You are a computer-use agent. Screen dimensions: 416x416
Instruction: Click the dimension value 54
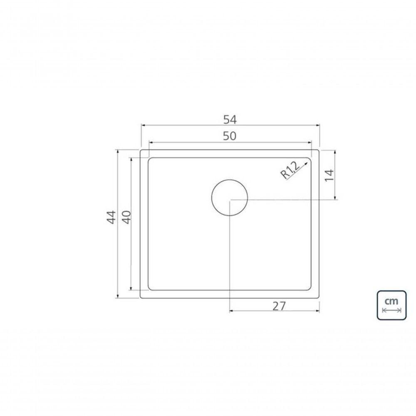point(230,120)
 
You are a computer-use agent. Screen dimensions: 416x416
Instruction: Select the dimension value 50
point(229,136)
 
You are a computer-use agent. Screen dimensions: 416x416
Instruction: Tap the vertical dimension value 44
point(111,217)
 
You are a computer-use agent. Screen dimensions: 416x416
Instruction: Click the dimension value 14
point(329,175)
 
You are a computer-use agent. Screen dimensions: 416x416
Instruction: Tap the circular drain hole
point(230,198)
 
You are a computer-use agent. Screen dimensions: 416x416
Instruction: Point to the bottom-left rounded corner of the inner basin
point(150,288)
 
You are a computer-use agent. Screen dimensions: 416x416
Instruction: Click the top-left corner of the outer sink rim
point(141,150)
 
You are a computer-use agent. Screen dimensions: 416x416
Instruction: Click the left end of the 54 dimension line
point(141,125)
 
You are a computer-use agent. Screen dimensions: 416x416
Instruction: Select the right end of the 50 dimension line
point(311,142)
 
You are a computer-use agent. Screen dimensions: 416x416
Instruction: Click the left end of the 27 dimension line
point(230,311)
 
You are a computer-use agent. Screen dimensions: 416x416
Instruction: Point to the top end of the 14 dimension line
point(335,150)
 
